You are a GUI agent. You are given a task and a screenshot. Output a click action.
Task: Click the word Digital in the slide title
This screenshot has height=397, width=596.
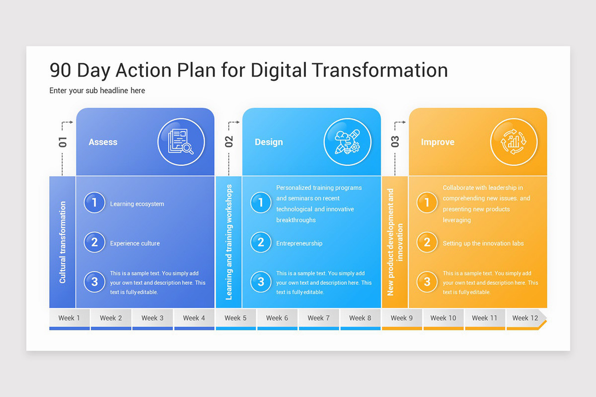279,70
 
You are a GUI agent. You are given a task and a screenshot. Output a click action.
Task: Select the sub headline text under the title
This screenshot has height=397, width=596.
97,90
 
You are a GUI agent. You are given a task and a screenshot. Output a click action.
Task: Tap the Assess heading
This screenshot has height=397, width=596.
103,142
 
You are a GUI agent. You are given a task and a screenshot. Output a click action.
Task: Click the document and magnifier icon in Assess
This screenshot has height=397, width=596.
181,142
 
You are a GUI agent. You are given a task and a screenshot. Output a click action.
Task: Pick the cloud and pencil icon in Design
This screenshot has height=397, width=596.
347,142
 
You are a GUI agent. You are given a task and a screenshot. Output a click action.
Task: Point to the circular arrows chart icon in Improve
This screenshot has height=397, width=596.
514,142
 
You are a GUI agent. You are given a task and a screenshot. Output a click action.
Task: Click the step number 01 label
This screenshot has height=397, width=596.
63,142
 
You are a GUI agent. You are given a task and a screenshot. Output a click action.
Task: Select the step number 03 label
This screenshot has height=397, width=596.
395,142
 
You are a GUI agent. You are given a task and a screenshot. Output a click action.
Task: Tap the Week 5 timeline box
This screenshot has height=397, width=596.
235,318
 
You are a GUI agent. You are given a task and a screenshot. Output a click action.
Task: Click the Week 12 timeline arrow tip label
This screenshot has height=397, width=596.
525,318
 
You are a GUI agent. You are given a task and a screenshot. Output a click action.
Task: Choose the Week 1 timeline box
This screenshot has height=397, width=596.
69,318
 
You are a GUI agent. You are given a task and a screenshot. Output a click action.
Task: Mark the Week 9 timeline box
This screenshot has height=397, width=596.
401,318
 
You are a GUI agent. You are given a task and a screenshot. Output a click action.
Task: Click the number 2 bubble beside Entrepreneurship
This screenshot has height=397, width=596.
261,243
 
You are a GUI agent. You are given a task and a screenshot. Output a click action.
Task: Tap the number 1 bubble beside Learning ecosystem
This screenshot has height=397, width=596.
94,203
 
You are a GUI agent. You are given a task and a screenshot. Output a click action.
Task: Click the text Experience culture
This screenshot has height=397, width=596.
135,243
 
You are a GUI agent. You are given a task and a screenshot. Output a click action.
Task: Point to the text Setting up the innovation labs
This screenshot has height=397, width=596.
483,243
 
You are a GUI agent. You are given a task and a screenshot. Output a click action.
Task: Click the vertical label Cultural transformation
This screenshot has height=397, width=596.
63,242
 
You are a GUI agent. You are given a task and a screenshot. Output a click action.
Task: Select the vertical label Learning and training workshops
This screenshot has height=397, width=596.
229,242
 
